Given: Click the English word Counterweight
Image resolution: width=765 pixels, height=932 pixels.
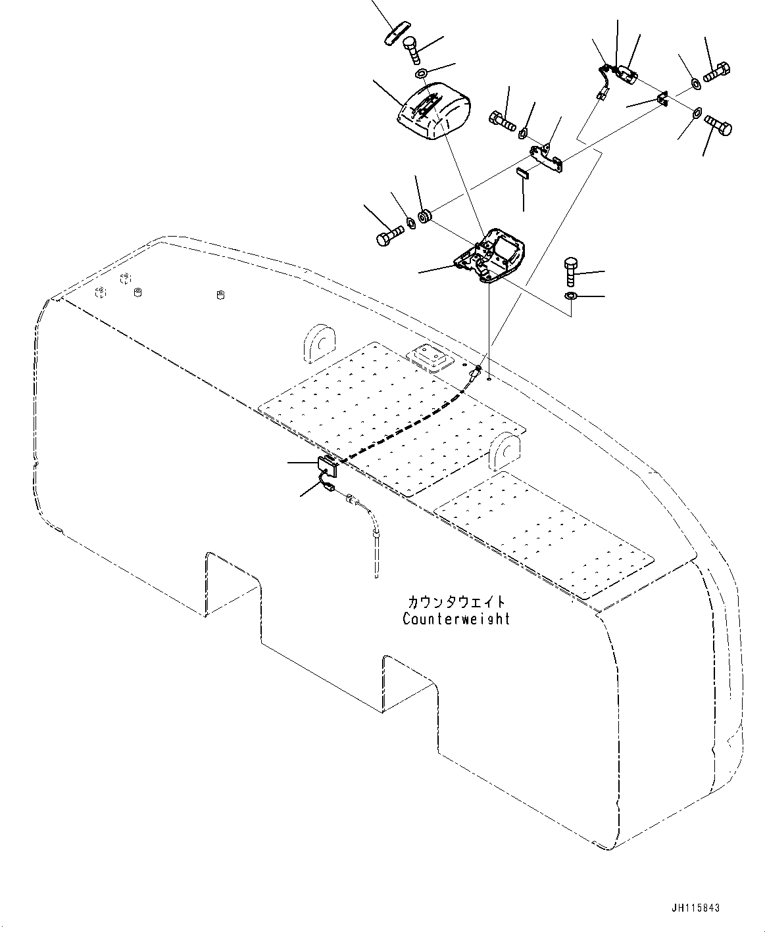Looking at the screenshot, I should tap(456, 618).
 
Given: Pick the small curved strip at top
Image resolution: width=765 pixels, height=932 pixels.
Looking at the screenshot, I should tap(397, 33).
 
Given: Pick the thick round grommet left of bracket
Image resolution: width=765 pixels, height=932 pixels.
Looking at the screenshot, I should tap(426, 215).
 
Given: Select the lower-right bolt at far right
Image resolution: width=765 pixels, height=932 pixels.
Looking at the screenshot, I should tap(718, 124).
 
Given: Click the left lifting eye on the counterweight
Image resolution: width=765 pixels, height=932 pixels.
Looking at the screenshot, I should tap(320, 342).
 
